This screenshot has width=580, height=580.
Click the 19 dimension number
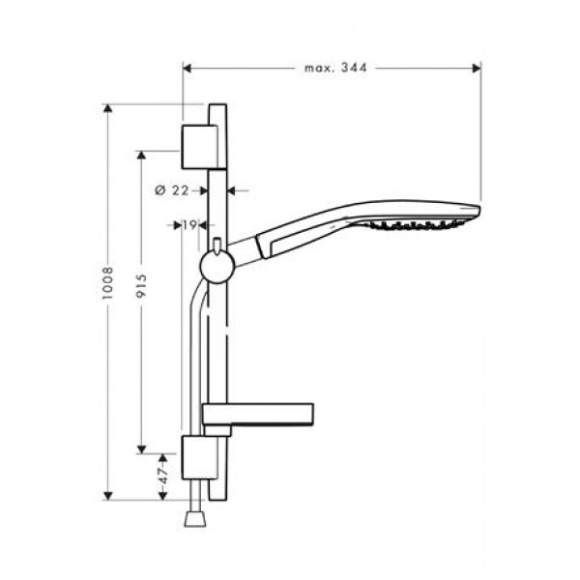pyautogui.click(x=189, y=225)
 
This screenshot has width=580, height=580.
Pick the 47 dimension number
pyautogui.click(x=163, y=477)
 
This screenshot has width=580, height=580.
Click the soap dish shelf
pyautogui.click(x=258, y=417)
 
